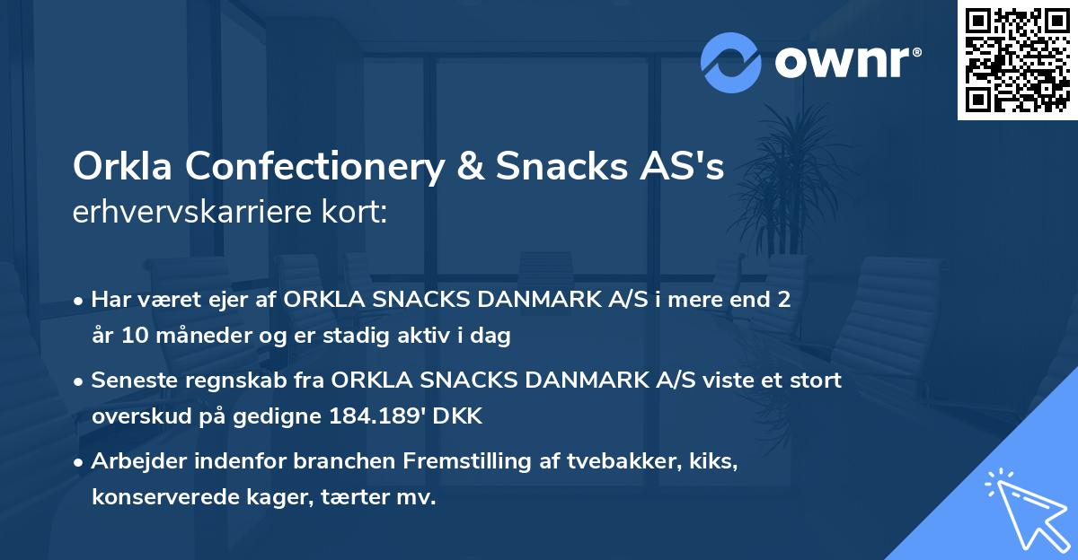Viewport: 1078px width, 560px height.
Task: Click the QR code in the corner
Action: (1017, 60)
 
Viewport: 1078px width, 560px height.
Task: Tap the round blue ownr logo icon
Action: (731, 62)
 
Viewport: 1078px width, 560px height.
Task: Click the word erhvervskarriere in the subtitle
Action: (197, 213)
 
